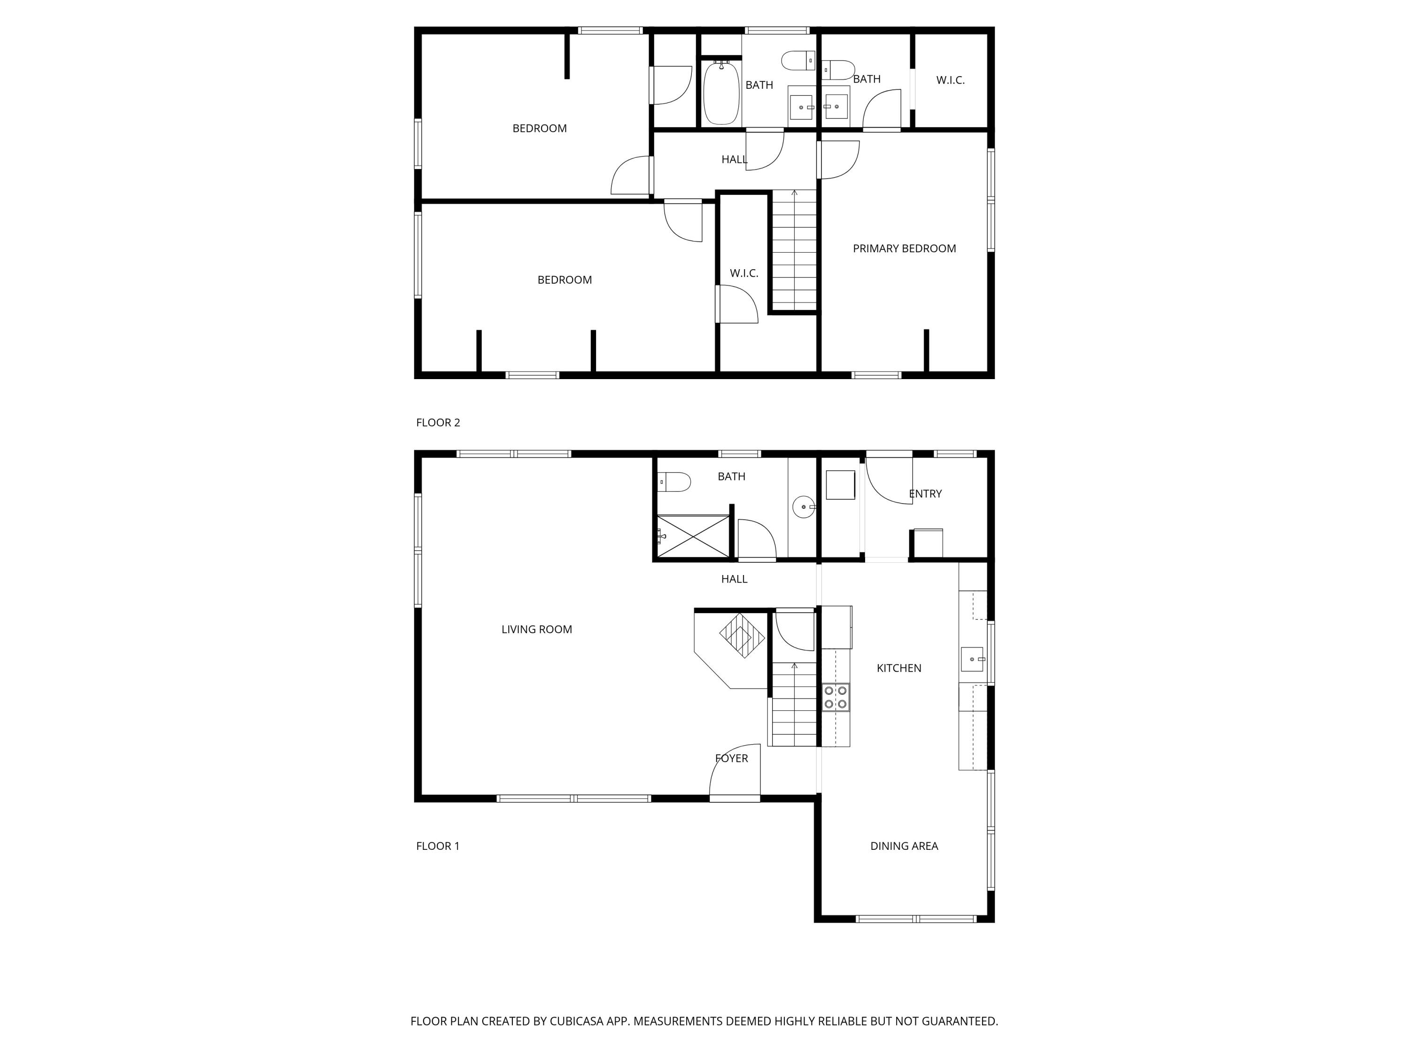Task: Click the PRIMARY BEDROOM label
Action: (904, 249)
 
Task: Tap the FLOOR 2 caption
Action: (438, 422)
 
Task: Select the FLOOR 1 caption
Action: (438, 846)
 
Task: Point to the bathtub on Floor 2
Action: (721, 93)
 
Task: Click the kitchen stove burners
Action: (836, 697)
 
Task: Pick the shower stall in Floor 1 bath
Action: (693, 537)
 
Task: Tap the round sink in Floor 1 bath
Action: (804, 507)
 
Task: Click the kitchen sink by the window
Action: (972, 659)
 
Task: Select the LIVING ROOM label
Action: (536, 630)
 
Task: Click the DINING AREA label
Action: (904, 846)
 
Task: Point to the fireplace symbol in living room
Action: (742, 635)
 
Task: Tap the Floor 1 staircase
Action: (794, 704)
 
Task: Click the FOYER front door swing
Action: (735, 771)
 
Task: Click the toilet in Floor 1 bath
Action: (674, 482)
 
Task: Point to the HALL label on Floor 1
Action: (734, 579)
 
